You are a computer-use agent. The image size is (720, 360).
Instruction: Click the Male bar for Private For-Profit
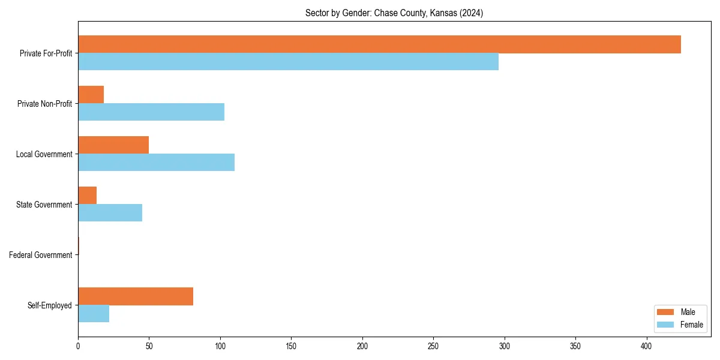pos(379,44)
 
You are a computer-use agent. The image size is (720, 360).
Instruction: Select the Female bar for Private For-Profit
pos(288,62)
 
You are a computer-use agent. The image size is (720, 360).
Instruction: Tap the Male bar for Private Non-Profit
pos(91,95)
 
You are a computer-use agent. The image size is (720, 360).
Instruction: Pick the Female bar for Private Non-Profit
pos(151,112)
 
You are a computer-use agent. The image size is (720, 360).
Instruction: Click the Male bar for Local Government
pos(113,145)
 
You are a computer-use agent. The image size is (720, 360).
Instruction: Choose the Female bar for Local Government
pos(156,163)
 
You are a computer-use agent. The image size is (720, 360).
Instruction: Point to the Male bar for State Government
pos(87,196)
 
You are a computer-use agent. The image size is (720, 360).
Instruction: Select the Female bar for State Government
pos(110,213)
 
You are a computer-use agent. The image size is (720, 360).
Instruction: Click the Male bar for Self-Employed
pos(136,296)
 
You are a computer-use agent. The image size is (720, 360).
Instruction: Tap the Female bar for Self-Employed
pos(94,314)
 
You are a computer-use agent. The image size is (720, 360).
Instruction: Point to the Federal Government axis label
pos(41,255)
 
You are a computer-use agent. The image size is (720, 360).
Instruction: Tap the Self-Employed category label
pos(50,305)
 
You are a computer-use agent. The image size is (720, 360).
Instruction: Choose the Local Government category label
pos(44,154)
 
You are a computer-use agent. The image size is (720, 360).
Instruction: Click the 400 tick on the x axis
pos(647,346)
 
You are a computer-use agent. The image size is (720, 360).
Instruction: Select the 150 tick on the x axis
pos(291,346)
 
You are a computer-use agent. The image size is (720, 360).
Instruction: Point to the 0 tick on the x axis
pos(78,346)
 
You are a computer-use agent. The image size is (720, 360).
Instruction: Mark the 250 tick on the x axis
pos(433,346)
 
